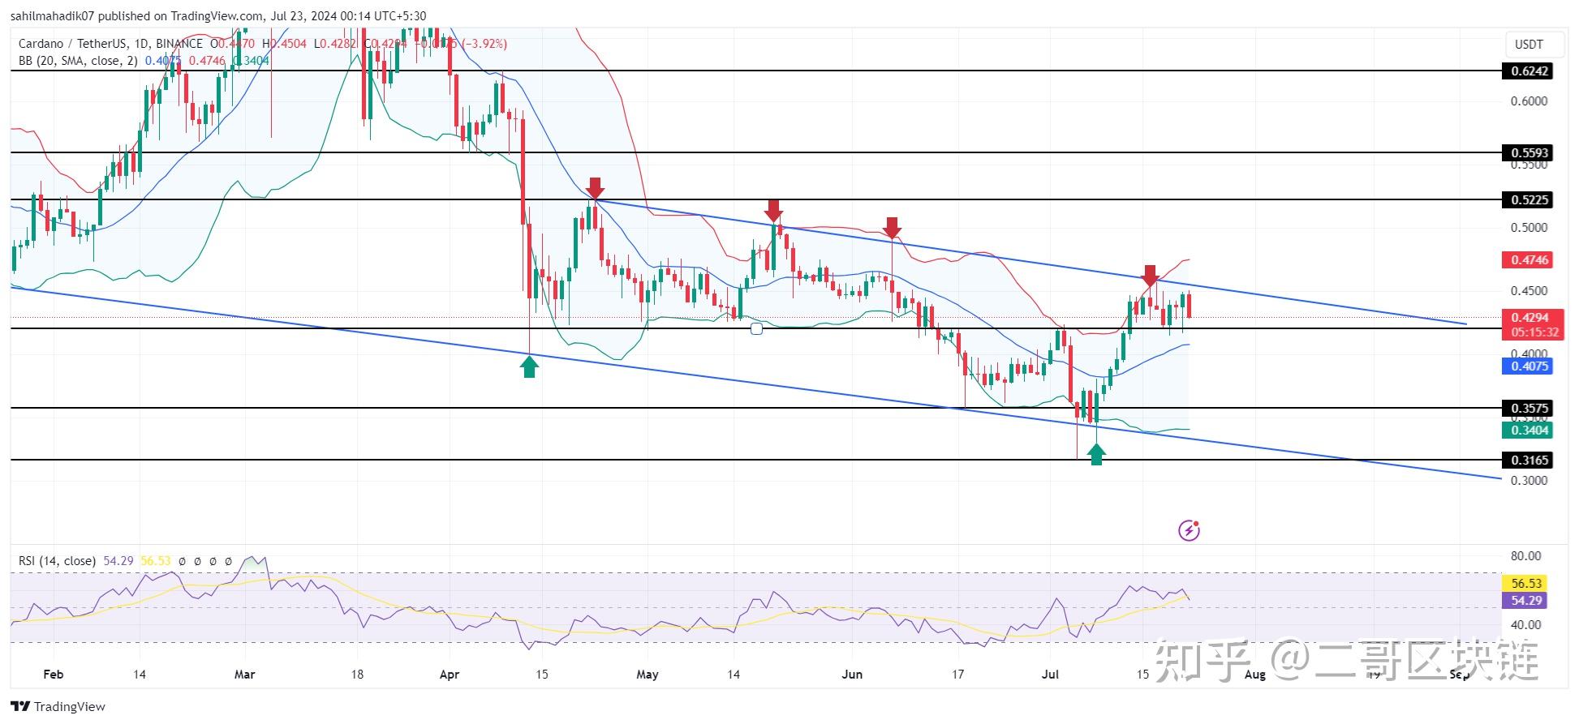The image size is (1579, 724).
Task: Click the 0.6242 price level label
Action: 1529,71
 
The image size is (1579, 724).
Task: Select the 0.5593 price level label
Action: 1529,152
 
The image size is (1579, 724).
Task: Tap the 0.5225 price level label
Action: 1529,199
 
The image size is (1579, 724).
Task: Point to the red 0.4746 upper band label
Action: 1529,260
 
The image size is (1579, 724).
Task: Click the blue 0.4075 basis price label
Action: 1529,366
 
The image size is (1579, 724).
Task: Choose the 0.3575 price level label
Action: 1529,409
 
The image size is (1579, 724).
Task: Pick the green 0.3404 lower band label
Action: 1529,431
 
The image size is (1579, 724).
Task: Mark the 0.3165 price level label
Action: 1529,461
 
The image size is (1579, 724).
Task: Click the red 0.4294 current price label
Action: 1529,318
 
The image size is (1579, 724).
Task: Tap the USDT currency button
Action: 1529,45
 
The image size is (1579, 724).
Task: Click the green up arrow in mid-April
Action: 529,367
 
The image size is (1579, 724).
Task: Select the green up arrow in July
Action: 1096,454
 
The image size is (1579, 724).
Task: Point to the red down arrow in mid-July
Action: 1150,275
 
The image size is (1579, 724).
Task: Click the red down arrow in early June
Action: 892,227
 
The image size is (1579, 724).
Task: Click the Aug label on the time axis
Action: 1254,675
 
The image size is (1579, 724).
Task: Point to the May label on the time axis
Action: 647,675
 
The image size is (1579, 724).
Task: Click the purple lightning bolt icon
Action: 1189,531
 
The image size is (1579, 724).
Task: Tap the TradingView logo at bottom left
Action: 58,707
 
